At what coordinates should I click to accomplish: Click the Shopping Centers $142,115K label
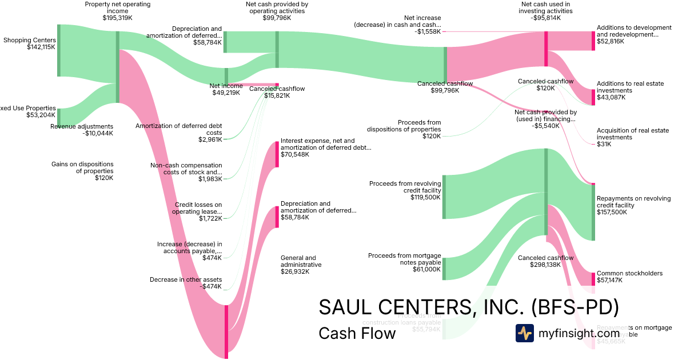[30, 43]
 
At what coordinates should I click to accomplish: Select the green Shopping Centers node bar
[58, 50]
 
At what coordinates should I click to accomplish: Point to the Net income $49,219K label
[226, 89]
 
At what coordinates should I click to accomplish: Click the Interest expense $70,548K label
[325, 147]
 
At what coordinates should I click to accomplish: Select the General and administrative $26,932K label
[301, 265]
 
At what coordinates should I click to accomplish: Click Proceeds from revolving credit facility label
[404, 190]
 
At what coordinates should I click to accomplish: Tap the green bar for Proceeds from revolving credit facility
[444, 197]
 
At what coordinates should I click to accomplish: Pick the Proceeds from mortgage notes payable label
[404, 262]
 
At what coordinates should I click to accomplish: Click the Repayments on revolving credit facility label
[633, 205]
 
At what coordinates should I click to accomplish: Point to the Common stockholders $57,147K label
[629, 277]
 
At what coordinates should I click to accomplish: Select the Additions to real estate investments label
[630, 90]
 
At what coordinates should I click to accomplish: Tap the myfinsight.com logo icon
[524, 333]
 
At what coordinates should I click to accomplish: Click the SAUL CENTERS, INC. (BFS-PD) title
[468, 307]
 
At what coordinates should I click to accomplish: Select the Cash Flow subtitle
[357, 333]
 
